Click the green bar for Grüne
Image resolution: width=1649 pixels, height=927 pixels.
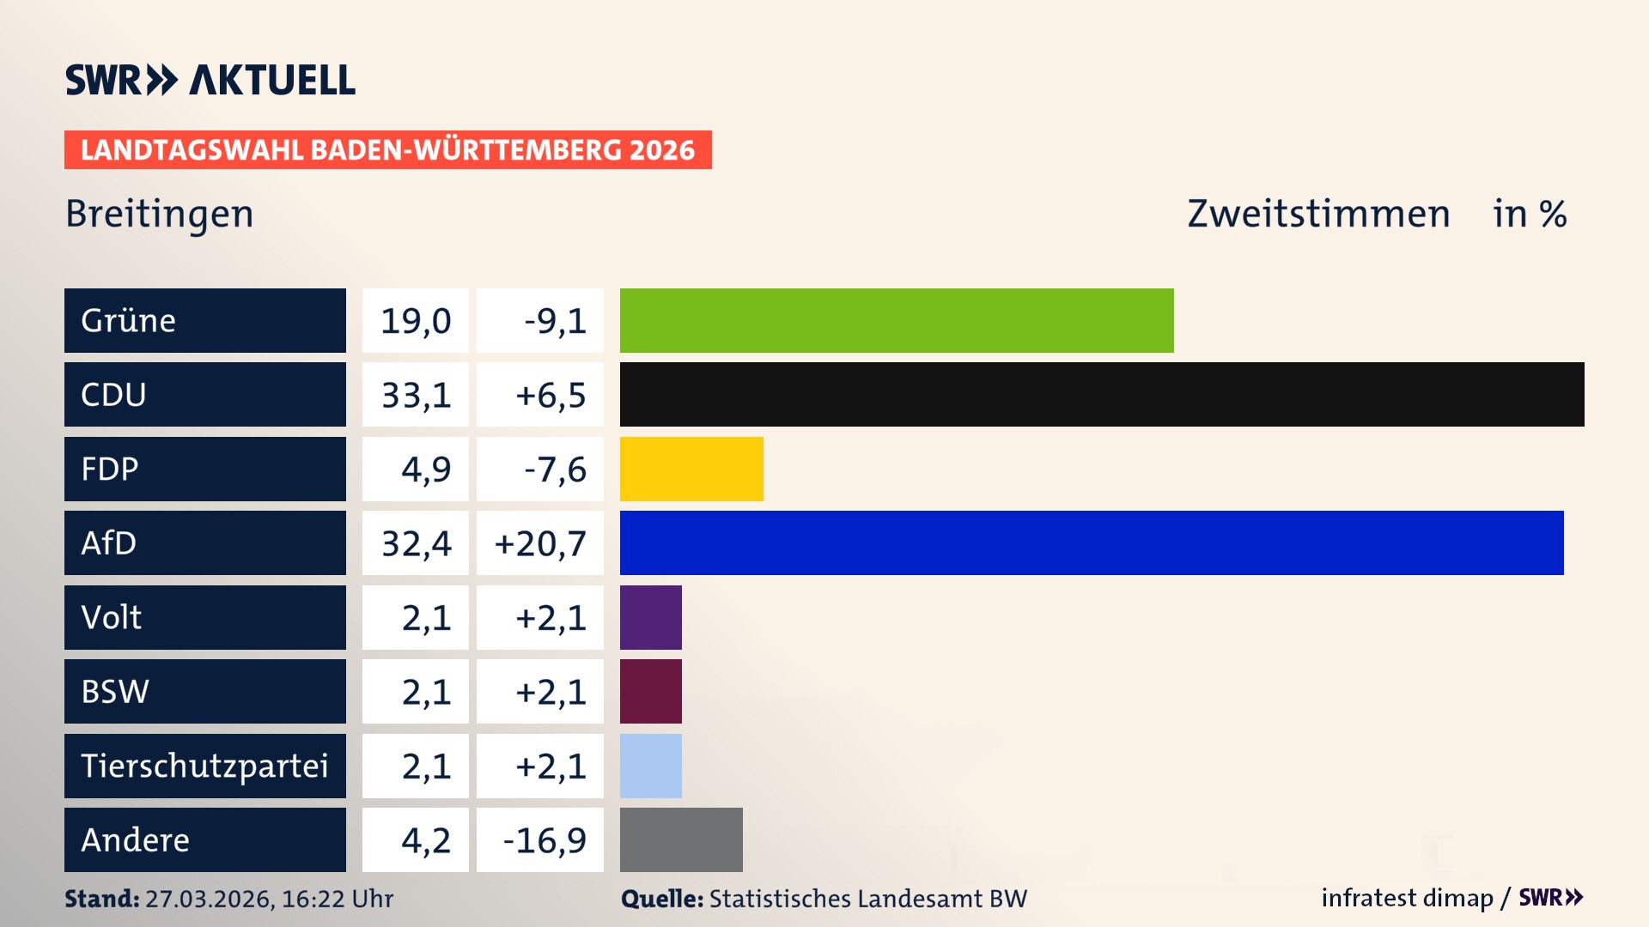(897, 320)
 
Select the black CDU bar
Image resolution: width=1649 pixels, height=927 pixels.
(1102, 394)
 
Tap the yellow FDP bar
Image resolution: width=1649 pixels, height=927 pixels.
(691, 469)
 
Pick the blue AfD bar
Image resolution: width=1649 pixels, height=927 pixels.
(1092, 542)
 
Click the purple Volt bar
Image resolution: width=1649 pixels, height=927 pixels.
(651, 617)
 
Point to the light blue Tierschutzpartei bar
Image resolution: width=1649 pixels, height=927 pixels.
(651, 766)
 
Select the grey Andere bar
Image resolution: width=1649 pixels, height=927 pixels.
(681, 839)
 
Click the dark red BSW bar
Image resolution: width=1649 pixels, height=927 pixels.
(651, 691)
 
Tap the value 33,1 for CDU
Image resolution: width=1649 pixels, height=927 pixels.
(416, 395)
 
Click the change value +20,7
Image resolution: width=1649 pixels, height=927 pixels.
(540, 543)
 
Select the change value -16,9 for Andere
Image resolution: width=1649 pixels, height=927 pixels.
(545, 840)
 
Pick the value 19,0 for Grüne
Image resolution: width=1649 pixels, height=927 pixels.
(416, 321)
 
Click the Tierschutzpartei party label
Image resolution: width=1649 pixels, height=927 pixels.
(204, 766)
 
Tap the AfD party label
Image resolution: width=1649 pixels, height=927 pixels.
(109, 542)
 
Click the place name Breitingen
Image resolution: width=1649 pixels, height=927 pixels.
(160, 214)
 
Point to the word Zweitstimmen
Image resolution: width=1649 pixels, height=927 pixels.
(1318, 214)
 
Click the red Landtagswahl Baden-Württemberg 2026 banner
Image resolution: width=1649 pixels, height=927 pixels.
(387, 149)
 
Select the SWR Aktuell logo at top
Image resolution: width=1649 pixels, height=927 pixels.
(210, 80)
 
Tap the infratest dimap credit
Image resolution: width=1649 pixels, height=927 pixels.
(1407, 898)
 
